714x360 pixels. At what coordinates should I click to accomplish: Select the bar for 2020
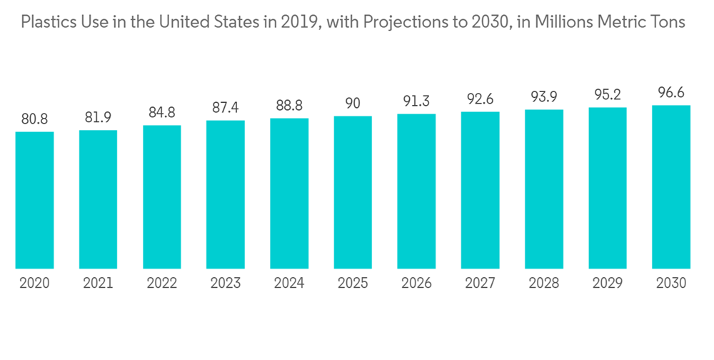34,200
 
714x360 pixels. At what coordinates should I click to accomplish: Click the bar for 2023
226,194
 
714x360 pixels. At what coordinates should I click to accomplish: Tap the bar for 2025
353,192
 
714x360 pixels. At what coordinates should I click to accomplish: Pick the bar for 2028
544,189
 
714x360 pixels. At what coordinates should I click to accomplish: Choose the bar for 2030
671,186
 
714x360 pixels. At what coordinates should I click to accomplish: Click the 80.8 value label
34,119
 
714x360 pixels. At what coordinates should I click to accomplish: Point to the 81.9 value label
98,117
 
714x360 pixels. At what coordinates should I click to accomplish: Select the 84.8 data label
161,112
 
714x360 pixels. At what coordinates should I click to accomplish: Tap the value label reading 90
353,103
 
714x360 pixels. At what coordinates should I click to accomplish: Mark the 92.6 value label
480,99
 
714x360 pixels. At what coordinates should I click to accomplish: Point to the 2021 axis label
98,284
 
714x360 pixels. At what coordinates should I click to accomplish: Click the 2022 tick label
161,284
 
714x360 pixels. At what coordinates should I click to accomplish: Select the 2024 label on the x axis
289,284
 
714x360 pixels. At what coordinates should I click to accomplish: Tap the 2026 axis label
416,284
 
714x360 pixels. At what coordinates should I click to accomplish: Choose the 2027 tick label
480,284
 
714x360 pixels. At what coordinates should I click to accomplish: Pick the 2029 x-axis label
608,284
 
